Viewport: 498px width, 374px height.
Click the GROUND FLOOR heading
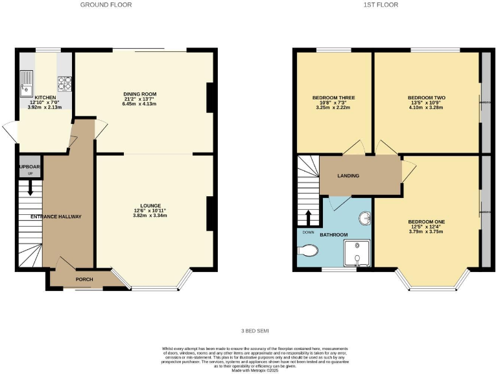click(x=106, y=5)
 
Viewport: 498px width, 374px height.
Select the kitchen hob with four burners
click(x=65, y=82)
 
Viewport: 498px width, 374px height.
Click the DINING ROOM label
click(x=141, y=94)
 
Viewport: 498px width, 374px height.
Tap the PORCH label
click(x=84, y=280)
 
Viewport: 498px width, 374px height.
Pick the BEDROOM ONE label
click(x=425, y=222)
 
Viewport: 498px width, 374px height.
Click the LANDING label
click(x=348, y=175)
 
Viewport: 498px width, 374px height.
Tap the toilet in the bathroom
click(x=307, y=249)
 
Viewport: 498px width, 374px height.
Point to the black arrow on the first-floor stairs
click(x=309, y=217)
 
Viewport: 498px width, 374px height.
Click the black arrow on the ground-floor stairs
click(x=28, y=190)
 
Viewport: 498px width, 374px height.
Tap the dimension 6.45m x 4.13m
click(x=141, y=104)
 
